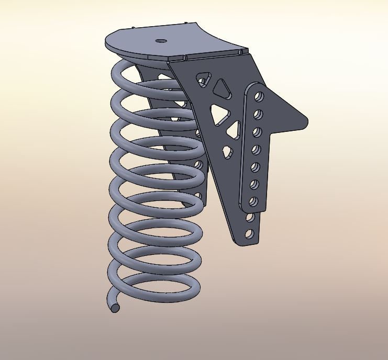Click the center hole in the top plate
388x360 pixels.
pyautogui.click(x=161, y=40)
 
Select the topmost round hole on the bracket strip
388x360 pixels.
pyautogui.click(x=259, y=97)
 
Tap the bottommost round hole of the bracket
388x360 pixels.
pyautogui.click(x=249, y=233)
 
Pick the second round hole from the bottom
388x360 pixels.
pyautogui.click(x=250, y=217)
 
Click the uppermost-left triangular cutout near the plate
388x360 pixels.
pyautogui.click(x=202, y=80)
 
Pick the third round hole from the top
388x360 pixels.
pyautogui.click(x=257, y=131)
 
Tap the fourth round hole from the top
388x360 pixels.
pyautogui.click(x=256, y=150)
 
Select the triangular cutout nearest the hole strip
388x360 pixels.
pyautogui.click(x=235, y=130)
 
